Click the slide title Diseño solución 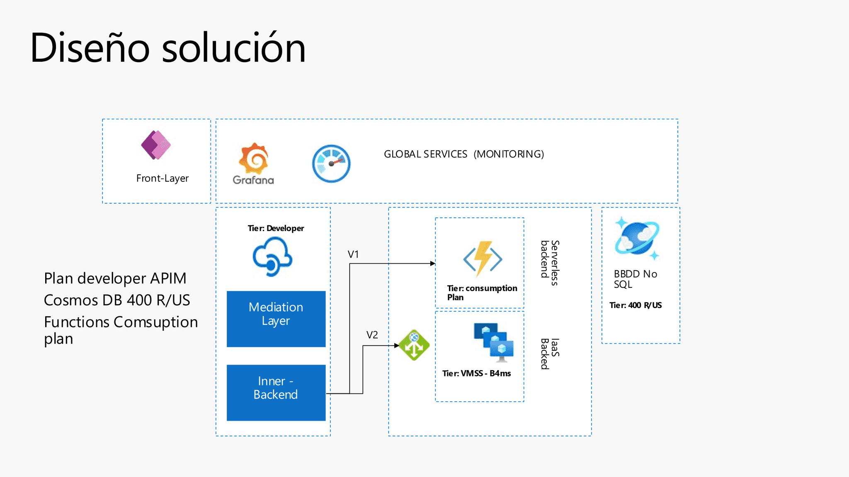tap(168, 48)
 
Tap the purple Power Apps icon tap(155, 145)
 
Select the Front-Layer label tap(162, 178)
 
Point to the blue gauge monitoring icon tap(331, 164)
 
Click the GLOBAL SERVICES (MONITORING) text tap(463, 154)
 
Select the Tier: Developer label tap(276, 228)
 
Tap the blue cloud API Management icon tap(272, 257)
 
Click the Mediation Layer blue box tap(276, 318)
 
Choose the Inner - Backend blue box tap(276, 392)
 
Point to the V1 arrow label tap(353, 254)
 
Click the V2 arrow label tap(372, 335)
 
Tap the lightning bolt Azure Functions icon tap(483, 259)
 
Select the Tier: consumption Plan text tap(482, 292)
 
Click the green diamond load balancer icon tap(414, 345)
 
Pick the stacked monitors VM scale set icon tap(494, 341)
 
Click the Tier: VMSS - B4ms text tap(476, 373)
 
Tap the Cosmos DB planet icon tap(637, 238)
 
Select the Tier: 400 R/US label tap(635, 305)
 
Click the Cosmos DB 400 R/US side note tap(117, 300)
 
